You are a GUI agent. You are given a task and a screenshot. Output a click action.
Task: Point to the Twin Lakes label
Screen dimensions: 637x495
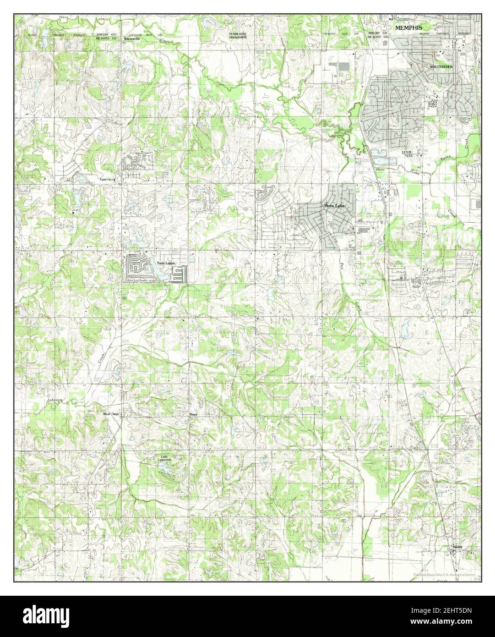[x=165, y=263]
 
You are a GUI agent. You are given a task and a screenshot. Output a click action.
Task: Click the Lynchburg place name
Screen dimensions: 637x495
[x=109, y=179]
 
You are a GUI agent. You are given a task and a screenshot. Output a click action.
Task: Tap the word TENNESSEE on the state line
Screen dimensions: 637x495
[x=238, y=34]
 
